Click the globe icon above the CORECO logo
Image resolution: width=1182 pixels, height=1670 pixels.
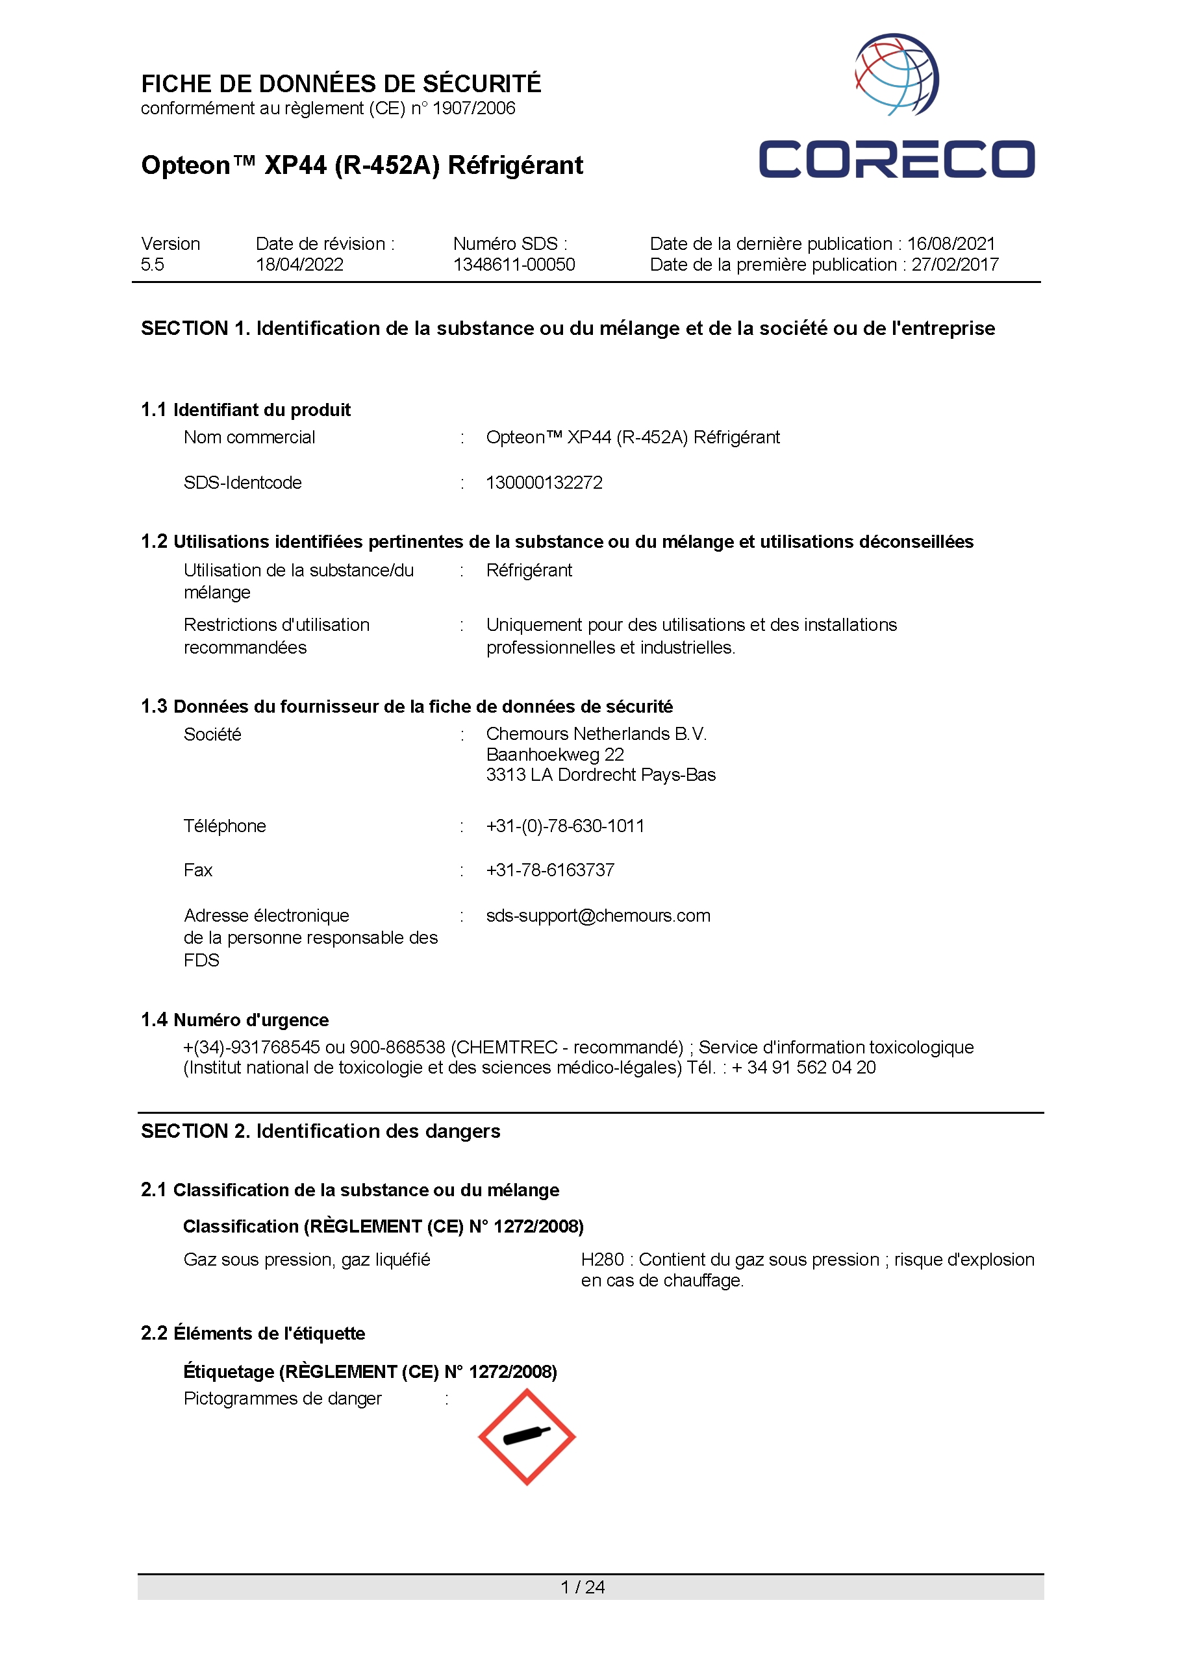(896, 74)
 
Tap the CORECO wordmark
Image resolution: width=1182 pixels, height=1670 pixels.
(896, 159)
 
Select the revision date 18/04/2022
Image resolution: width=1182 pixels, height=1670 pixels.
(299, 265)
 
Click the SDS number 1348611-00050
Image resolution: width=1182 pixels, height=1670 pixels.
(514, 265)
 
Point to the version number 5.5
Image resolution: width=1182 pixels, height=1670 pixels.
(152, 265)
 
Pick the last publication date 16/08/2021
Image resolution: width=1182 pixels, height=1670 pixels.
(951, 243)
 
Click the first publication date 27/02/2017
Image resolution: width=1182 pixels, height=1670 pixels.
(955, 265)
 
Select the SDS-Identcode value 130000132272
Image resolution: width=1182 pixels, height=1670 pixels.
(544, 483)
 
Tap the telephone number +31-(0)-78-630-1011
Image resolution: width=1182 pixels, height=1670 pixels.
(565, 826)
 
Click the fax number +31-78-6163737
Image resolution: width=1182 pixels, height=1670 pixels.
(549, 870)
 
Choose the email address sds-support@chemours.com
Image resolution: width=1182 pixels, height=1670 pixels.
(597, 916)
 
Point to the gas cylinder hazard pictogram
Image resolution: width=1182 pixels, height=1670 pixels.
(526, 1437)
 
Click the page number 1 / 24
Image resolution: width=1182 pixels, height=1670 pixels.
(583, 1587)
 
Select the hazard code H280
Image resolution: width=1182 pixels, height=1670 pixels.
(602, 1260)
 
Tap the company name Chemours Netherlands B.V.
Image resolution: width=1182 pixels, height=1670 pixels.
(596, 734)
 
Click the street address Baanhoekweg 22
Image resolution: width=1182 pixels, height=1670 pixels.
(555, 754)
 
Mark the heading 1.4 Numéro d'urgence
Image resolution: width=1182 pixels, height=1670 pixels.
(234, 1020)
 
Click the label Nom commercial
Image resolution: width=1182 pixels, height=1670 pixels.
(249, 437)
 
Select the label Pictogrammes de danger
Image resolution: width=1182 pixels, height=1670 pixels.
(283, 1399)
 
